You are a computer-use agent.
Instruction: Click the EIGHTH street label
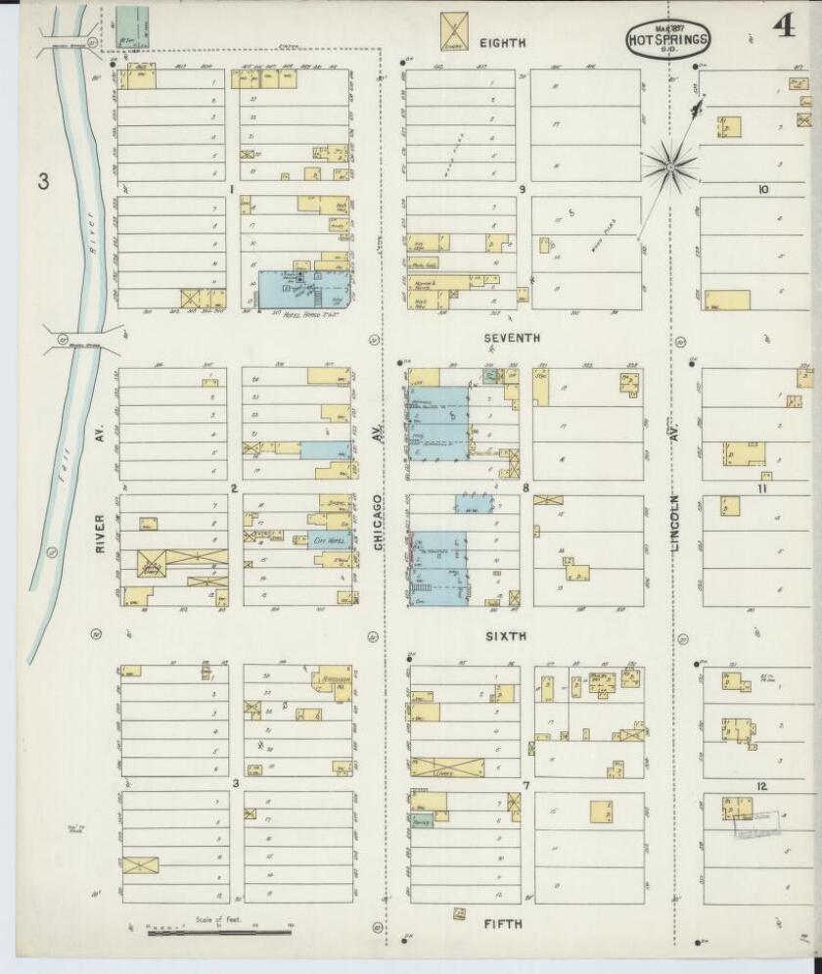[x=503, y=43]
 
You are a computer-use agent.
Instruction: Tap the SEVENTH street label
[x=513, y=338]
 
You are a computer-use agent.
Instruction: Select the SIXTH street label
[x=506, y=636]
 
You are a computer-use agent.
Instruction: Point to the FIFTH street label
[x=502, y=924]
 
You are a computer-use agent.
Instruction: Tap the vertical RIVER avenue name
[x=100, y=533]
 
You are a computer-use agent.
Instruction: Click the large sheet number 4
[x=783, y=26]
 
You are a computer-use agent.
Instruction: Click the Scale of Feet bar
[x=219, y=932]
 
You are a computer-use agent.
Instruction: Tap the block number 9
[x=523, y=189]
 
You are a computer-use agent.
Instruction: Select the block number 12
[x=761, y=786]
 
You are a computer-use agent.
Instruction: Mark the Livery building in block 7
[x=447, y=767]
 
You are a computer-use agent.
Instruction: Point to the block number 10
[x=761, y=190]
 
